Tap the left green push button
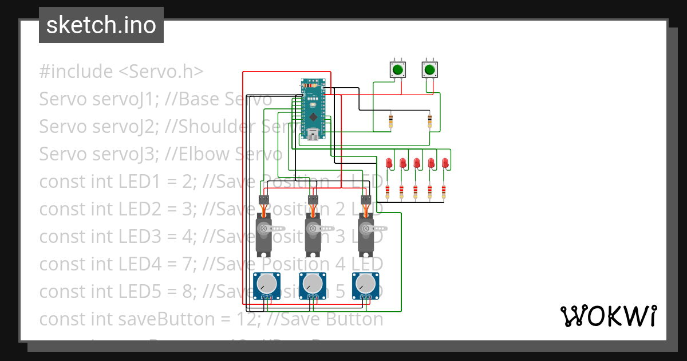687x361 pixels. coord(397,70)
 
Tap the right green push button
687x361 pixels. coord(429,70)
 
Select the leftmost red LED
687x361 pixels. coord(389,163)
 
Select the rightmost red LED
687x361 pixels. coord(445,163)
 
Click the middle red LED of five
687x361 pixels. coord(417,163)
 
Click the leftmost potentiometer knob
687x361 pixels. coord(266,284)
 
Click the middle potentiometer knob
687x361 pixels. coord(313,284)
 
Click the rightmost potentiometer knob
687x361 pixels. coord(365,284)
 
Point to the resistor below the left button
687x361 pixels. coord(391,121)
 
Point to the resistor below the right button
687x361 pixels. coord(430,121)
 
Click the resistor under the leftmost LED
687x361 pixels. coord(388,191)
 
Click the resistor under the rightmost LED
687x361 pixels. coord(444,191)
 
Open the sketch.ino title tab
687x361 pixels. coord(101,25)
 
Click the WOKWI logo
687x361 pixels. coord(608,316)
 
